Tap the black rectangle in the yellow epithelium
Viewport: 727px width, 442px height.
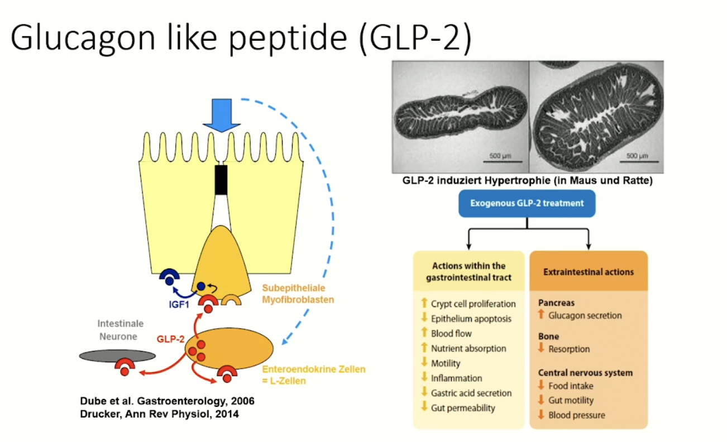(221, 180)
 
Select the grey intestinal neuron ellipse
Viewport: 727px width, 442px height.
(117, 355)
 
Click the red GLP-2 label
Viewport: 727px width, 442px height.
(170, 338)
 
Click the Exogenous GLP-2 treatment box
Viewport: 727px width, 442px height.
(527, 203)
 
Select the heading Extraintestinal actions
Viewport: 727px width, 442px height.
(588, 272)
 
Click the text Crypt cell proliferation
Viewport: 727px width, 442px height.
(473, 304)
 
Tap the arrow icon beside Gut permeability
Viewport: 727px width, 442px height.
(424, 407)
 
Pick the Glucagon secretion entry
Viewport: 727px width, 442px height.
(585, 315)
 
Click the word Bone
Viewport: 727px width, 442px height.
(548, 337)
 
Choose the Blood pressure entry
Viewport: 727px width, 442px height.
(576, 415)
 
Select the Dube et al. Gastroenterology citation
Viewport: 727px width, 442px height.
(162, 401)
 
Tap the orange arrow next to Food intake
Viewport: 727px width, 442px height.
(541, 385)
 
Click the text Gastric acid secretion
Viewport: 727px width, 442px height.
(471, 393)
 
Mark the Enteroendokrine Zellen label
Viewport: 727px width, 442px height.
(314, 369)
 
